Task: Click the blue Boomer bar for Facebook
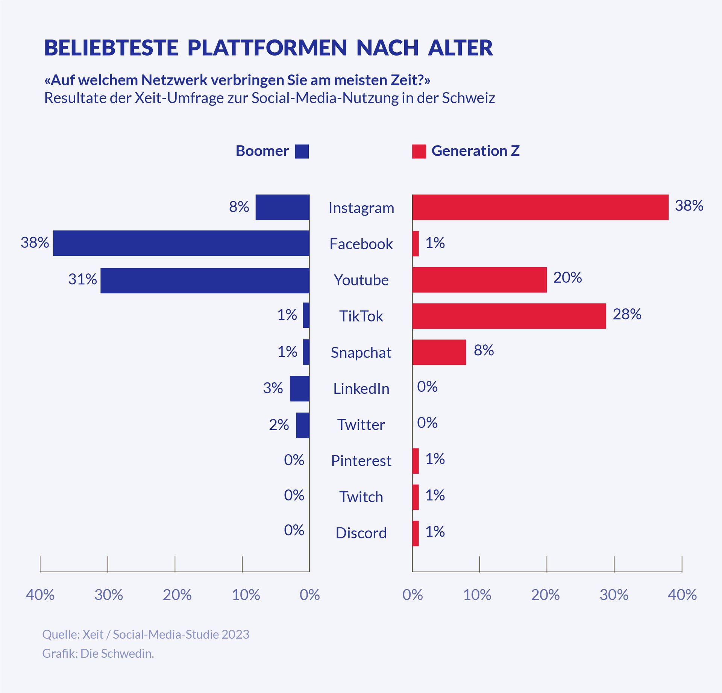pos(181,243)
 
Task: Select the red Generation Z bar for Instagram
pos(540,207)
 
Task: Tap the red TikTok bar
pos(509,316)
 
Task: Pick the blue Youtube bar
pos(205,280)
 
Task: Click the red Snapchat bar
pos(439,352)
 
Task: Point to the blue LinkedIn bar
pos(299,388)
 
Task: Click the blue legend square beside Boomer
pos(302,151)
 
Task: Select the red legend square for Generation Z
pos(419,151)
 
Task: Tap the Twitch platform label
pos(361,497)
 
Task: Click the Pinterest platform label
pos(361,461)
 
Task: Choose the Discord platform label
pos(361,533)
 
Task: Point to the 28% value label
pos(627,314)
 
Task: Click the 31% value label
pos(82,279)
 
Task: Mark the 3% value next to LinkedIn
pos(273,388)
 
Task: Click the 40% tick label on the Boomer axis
pos(40,595)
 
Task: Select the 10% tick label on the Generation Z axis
pos(477,595)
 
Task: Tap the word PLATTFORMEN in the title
pos(267,48)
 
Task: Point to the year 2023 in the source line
pos(235,634)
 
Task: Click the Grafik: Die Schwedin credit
pos(98,654)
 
